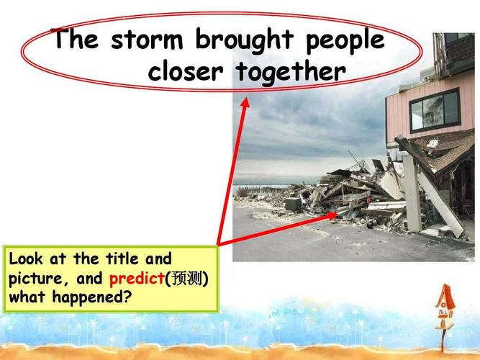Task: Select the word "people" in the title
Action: pos(346,42)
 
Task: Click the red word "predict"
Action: pos(137,278)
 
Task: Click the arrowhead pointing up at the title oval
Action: pos(245,103)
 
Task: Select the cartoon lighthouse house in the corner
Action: pos(445,306)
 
